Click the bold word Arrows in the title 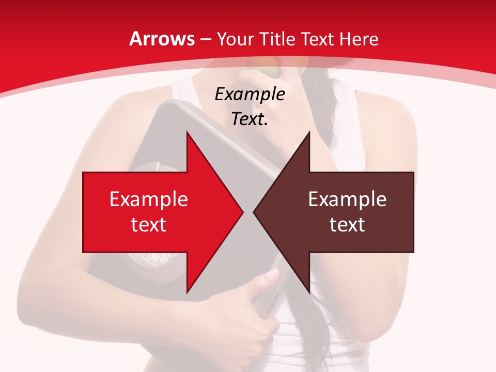click(162, 39)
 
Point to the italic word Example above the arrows click(250, 95)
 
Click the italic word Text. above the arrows click(250, 119)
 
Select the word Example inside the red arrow click(149, 199)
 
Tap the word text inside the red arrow click(149, 224)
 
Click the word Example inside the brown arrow click(347, 199)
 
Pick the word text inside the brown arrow click(347, 224)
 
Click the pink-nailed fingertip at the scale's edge click(272, 274)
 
